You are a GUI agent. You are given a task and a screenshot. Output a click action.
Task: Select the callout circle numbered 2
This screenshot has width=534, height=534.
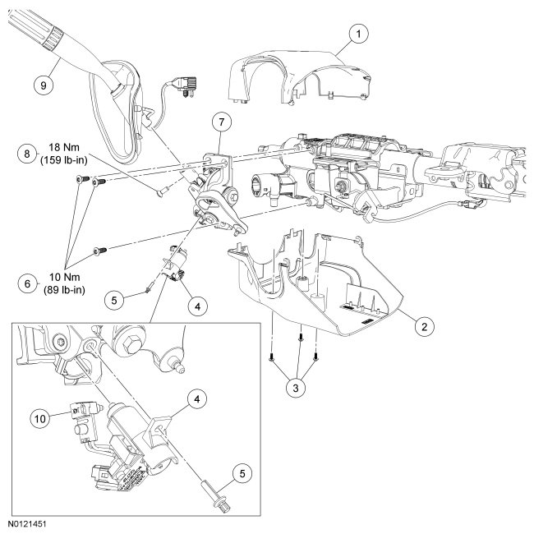point(423,326)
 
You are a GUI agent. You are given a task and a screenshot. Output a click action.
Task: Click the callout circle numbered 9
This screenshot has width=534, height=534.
point(38,83)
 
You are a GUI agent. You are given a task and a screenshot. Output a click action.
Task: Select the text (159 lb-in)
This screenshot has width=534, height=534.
point(67,162)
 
